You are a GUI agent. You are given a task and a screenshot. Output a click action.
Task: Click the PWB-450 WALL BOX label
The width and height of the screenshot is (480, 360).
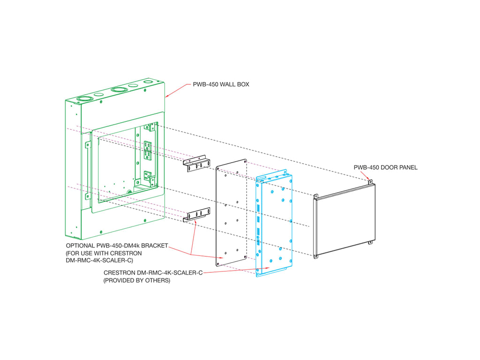point(221,85)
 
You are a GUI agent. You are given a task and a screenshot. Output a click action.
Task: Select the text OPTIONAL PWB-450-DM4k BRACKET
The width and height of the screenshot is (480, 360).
point(117,246)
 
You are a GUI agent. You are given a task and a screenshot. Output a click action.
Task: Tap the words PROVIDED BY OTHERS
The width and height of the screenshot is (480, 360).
point(137,281)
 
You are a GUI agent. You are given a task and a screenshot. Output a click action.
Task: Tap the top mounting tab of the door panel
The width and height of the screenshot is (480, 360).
point(370,181)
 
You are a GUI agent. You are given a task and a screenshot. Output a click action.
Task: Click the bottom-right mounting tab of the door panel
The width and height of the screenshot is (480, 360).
point(370,242)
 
